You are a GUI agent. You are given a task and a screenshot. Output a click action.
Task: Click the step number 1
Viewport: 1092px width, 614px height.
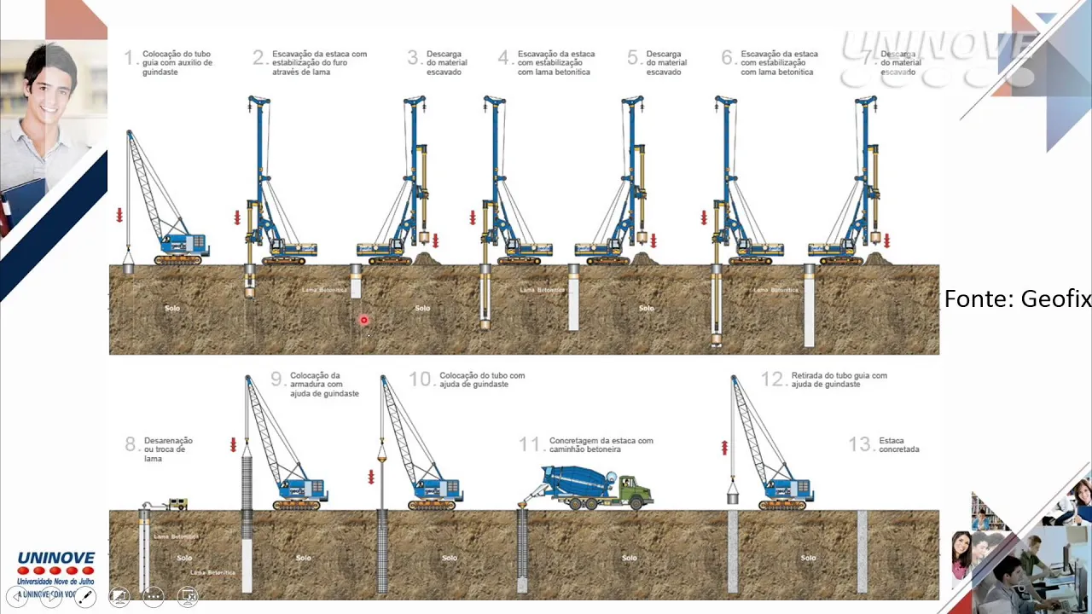129,58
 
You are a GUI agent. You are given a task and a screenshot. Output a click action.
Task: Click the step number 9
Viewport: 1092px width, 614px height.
276,379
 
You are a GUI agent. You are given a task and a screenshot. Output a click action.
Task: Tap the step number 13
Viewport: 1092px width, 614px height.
859,444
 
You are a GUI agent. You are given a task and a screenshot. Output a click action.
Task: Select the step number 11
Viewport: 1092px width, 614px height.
529,444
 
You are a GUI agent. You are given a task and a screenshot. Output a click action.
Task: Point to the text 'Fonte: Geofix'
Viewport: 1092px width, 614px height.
1017,298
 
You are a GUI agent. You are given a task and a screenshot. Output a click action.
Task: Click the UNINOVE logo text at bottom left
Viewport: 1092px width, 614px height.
55,559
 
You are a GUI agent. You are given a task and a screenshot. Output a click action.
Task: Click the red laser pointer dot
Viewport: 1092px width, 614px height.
363,321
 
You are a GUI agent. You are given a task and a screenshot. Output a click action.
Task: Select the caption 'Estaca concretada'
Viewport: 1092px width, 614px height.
899,444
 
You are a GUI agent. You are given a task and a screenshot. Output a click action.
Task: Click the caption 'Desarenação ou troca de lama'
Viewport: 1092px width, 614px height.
167,449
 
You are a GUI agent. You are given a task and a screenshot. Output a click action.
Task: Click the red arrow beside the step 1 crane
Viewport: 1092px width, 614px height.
119,214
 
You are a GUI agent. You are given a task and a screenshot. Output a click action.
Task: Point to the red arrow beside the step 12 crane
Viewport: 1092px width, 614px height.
724,447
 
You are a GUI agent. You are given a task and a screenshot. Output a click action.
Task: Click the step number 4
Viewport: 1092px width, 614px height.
503,58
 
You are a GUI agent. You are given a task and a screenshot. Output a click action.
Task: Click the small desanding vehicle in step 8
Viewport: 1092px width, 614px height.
177,504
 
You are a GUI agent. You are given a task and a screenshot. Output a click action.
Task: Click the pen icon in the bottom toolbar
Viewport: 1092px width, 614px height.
85,597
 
